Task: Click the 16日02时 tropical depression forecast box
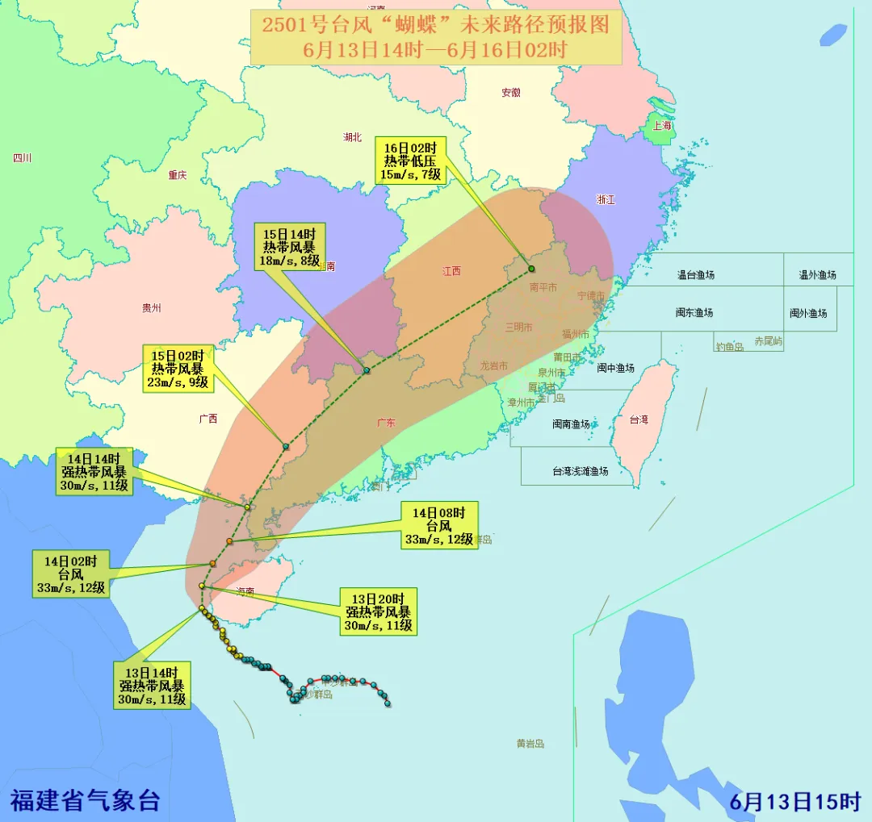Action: click(410, 161)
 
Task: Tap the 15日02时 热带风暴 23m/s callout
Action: click(178, 369)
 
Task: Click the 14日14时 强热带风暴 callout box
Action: click(94, 473)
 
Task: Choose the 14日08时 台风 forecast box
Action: click(440, 526)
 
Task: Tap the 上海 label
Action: click(662, 126)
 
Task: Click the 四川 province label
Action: click(22, 158)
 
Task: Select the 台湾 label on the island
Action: click(639, 420)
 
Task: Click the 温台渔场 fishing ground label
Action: click(695, 275)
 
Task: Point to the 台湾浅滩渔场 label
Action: click(580, 471)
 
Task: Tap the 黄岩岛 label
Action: click(530, 744)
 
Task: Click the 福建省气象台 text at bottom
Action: click(85, 801)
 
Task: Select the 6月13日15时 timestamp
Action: click(795, 802)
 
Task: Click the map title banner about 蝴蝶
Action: click(435, 37)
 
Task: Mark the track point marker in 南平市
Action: click(531, 269)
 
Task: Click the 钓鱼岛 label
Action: click(729, 347)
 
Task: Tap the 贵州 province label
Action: click(151, 308)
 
